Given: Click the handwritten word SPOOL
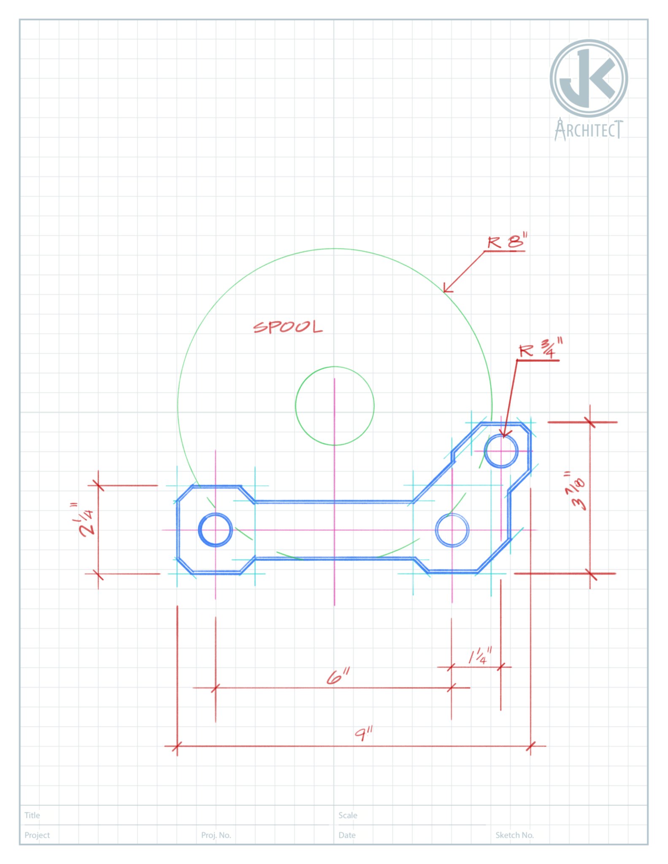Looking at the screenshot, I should [288, 327].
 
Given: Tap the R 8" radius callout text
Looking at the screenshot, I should [507, 242].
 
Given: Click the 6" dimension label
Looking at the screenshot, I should [338, 676].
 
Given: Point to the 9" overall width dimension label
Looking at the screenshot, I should [363, 734].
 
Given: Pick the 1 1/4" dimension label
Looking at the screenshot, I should [480, 656].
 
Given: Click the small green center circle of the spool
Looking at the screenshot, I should [335, 406].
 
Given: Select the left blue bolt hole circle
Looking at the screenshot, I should [215, 530].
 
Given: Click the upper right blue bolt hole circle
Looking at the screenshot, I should [501, 451].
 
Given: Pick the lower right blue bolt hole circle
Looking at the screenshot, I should [452, 530].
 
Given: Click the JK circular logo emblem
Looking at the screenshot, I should [589, 78].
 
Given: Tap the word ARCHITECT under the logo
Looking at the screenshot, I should [589, 130].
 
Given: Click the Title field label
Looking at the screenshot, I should [32, 815].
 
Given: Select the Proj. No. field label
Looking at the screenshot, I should [216, 835].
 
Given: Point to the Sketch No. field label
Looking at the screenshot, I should [514, 835].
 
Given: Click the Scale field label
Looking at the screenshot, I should [348, 815].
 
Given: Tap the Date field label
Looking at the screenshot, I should [347, 835].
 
